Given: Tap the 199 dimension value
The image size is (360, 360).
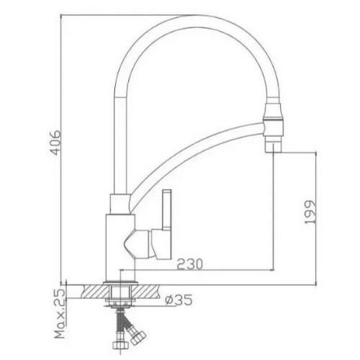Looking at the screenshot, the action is (x=310, y=212).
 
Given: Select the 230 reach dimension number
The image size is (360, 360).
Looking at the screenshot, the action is (x=190, y=264).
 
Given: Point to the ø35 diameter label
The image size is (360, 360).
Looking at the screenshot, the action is (x=179, y=300).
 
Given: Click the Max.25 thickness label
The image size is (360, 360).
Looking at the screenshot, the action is (x=60, y=315).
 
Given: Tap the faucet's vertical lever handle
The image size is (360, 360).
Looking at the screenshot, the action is (x=167, y=210).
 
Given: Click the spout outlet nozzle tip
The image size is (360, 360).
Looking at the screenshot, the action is (x=273, y=145).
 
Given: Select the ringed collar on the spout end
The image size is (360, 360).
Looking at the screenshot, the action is (x=274, y=120).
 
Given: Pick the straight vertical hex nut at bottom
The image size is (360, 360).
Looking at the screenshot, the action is (x=121, y=344).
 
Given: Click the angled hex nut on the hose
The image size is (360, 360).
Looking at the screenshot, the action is (x=137, y=336).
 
